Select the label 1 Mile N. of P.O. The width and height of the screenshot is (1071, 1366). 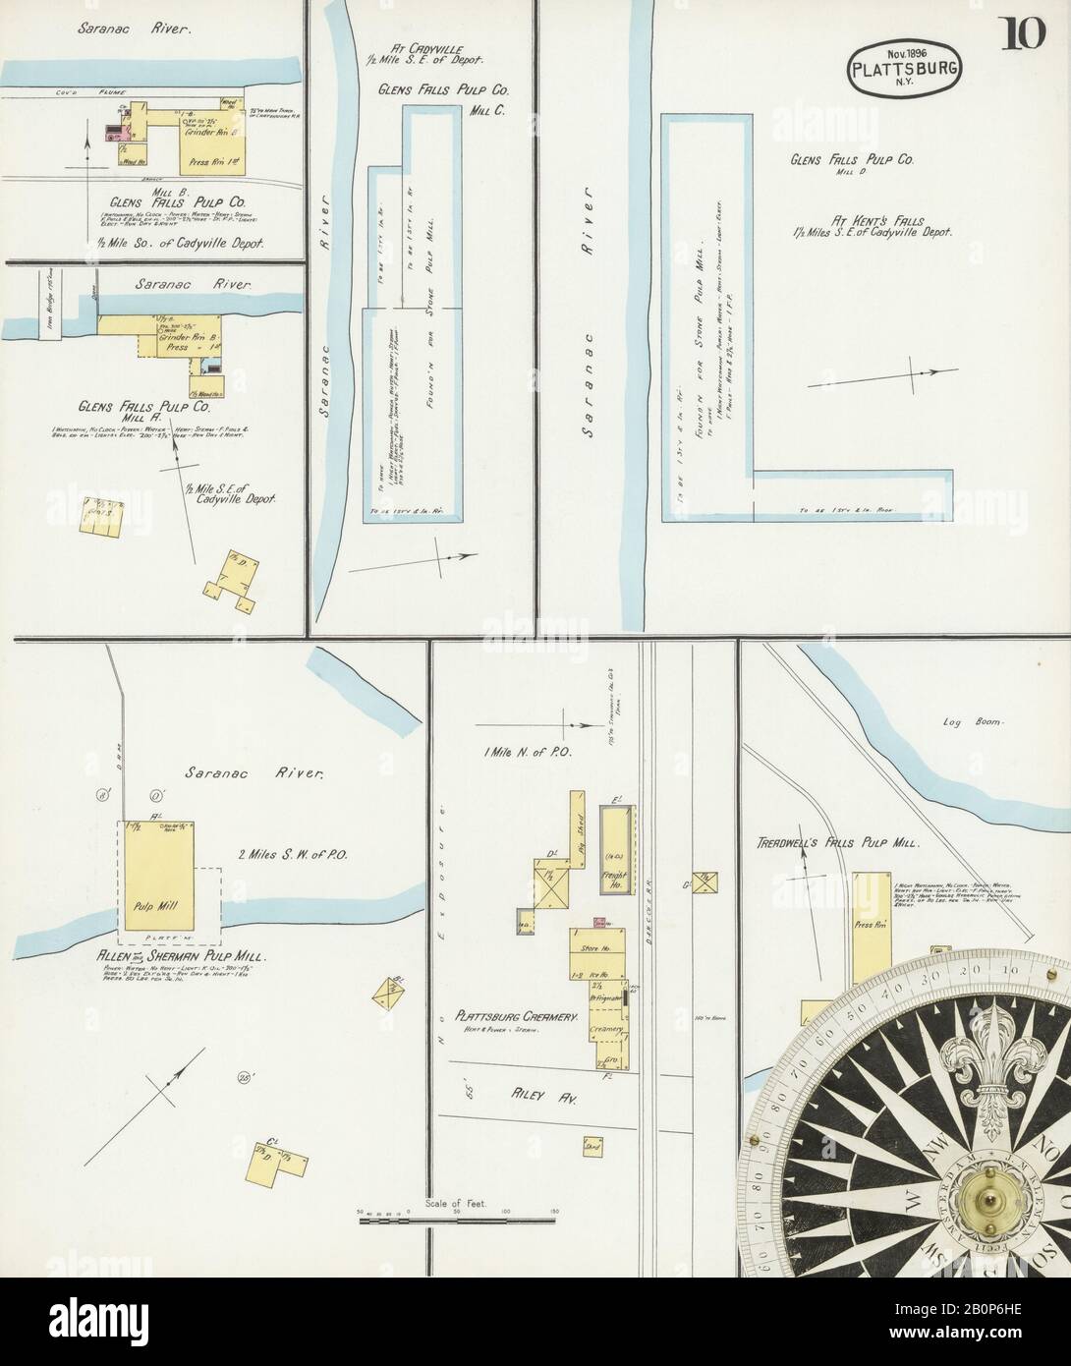(521, 752)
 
